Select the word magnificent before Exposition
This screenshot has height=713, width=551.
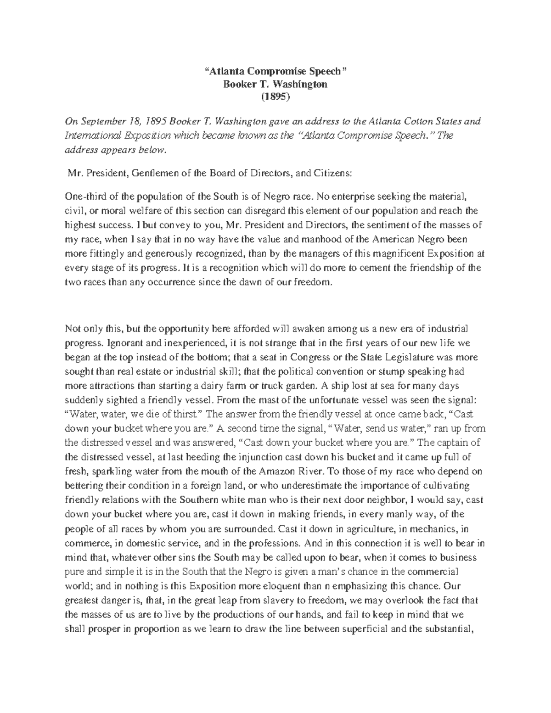tap(399, 253)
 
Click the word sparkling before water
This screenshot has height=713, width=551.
tap(112, 471)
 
